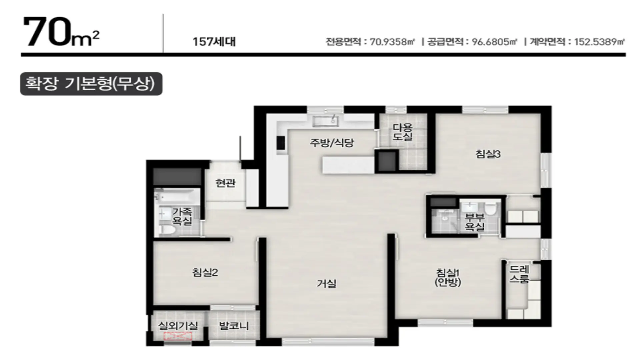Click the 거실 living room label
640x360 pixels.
[x=327, y=284]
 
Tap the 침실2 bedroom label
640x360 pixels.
[x=205, y=273]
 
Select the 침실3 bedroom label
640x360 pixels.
[x=488, y=154]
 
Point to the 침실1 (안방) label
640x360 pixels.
[x=448, y=277]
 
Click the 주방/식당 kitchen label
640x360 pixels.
[x=332, y=143]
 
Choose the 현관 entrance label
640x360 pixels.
[x=225, y=183]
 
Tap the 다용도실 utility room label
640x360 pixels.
[x=403, y=132]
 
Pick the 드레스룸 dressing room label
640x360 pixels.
[x=519, y=274]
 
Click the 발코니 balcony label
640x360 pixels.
[x=234, y=326]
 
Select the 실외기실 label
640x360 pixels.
[x=178, y=326]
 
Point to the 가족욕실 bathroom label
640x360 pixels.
[x=182, y=216]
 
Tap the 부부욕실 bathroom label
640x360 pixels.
[x=475, y=222]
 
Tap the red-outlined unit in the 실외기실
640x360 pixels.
[x=178, y=336]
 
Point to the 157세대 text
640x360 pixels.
[x=214, y=42]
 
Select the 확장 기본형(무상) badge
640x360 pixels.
[x=91, y=84]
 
